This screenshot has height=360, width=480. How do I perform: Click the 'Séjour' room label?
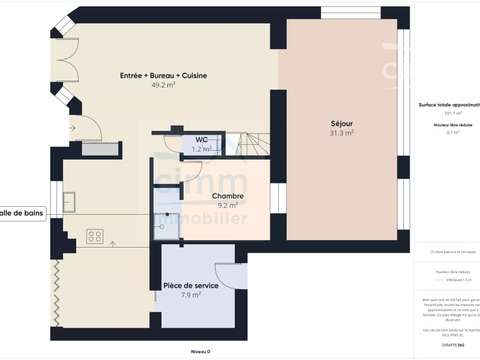342,124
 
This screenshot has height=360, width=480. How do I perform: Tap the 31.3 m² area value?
342,133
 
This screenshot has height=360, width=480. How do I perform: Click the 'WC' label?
201,139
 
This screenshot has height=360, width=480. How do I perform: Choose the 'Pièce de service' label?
191,285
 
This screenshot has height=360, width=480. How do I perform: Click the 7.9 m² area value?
191,295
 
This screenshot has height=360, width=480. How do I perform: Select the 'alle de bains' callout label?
21,213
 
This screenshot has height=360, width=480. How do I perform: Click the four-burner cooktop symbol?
96,236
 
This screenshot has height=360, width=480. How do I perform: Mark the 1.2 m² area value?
201,149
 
